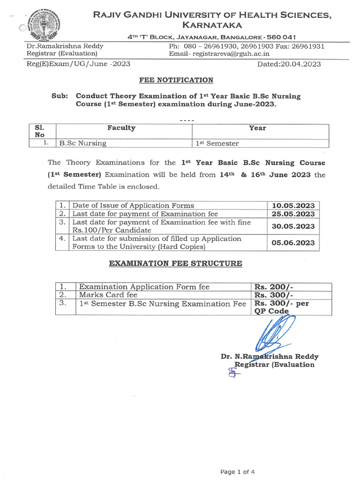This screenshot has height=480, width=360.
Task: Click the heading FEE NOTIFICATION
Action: pos(176,80)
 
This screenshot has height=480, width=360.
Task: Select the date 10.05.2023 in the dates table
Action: pos(293,205)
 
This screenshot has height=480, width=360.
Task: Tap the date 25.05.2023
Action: pos(293,214)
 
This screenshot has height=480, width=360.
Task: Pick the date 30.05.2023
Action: pos(293,226)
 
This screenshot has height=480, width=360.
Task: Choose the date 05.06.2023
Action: pos(293,243)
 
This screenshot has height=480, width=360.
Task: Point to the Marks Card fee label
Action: pos(108,295)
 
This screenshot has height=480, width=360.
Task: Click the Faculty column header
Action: pos(121,127)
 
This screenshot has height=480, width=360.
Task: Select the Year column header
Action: pos(257,127)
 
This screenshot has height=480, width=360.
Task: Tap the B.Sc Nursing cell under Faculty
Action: pos(82,143)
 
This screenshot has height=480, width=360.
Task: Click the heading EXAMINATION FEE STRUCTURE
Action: pos(176,263)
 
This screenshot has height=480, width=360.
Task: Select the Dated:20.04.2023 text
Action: pos(289,64)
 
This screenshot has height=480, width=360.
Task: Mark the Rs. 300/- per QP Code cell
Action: pos(281,307)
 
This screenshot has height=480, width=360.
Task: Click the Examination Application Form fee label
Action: pos(144,287)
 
